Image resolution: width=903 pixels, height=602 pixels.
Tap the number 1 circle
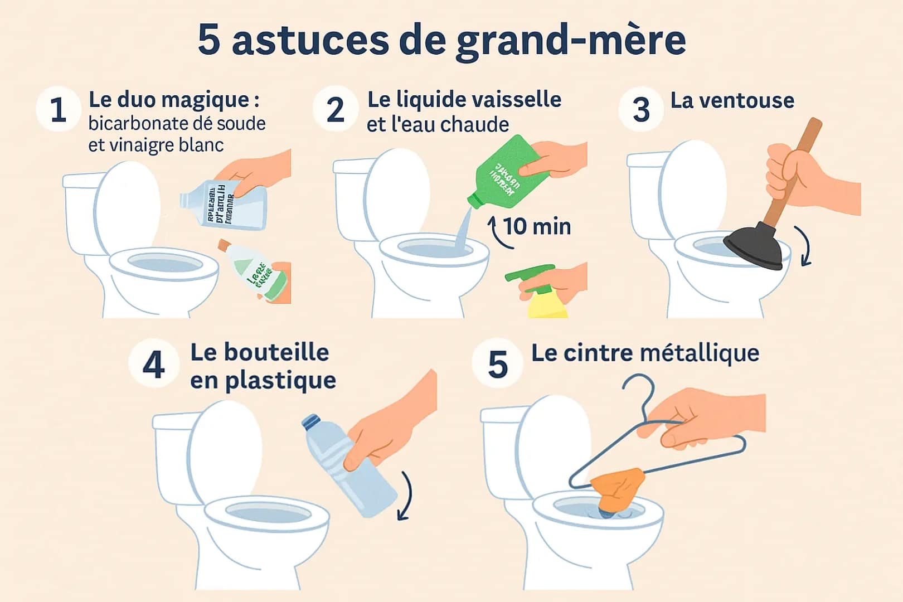59,109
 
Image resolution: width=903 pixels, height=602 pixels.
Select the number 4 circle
153,365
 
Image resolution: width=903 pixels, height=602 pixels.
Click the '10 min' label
537,226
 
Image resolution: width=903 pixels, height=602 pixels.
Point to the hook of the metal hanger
641,390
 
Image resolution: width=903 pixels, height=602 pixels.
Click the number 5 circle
497,365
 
